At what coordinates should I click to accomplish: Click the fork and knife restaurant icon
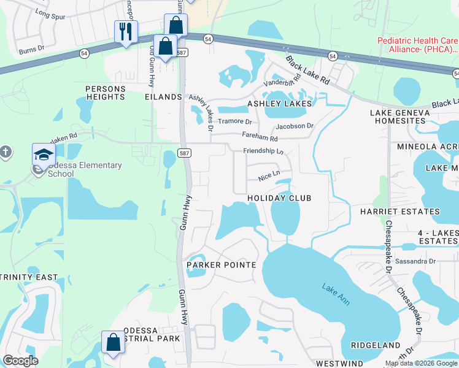click(x=126, y=32)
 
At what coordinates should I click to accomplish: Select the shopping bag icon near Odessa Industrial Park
click(x=114, y=343)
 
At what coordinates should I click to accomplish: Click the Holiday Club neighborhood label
click(x=279, y=198)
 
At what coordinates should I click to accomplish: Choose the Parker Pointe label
click(x=221, y=264)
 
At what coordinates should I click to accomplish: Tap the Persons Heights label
click(x=105, y=93)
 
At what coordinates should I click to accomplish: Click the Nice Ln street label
click(x=269, y=175)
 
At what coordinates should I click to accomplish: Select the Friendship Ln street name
click(x=263, y=151)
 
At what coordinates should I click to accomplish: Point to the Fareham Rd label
click(x=260, y=137)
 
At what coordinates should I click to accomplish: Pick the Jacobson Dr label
click(x=295, y=126)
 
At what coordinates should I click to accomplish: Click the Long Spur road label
click(x=50, y=12)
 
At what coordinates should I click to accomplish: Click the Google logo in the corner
click(x=21, y=361)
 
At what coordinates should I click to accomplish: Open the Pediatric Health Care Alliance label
click(x=417, y=45)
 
